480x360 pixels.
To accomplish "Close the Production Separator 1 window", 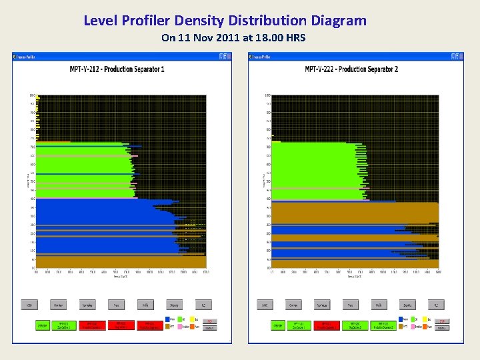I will [x=228, y=57].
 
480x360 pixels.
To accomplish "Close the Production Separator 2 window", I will [x=460, y=57].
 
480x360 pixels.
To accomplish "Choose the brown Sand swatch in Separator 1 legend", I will [x=167, y=327].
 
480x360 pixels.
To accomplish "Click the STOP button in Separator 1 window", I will [x=209, y=321].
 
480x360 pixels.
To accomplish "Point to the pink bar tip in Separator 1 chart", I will [x=136, y=156].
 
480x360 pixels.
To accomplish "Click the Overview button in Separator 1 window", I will [x=59, y=305].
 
